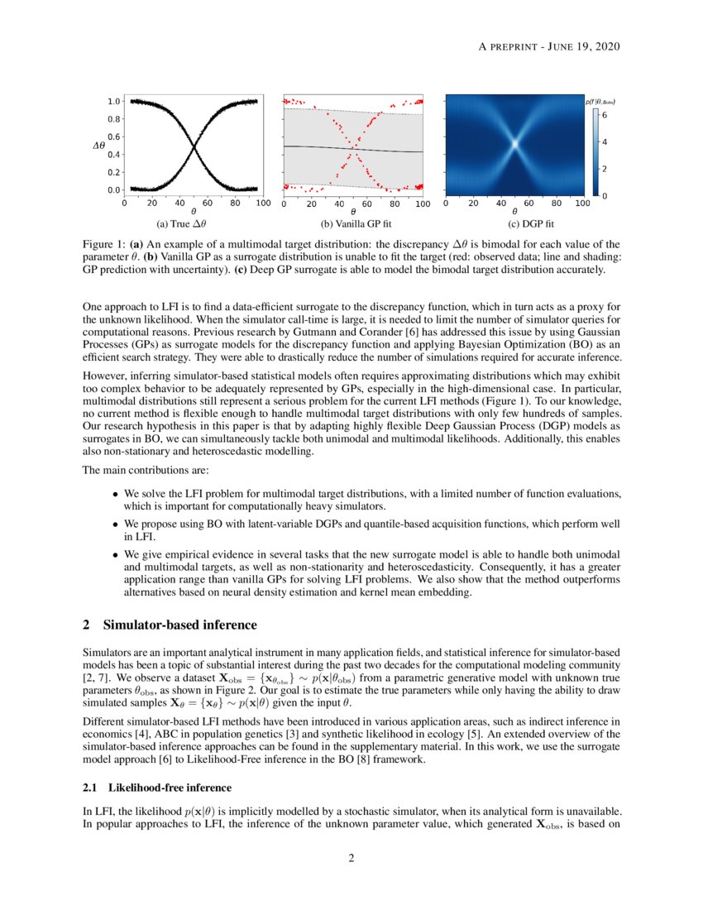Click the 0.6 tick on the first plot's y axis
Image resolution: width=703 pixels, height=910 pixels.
coord(114,136)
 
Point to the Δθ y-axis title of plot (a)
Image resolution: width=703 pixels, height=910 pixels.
coord(98,146)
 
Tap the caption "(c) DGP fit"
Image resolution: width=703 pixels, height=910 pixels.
coord(531,224)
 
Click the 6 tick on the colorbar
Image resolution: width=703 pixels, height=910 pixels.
coord(604,116)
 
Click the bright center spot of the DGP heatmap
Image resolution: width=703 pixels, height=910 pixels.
coord(514,143)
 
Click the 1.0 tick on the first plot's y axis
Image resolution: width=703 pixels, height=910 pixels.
coord(114,101)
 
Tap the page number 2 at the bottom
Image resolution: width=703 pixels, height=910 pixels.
coord(351,858)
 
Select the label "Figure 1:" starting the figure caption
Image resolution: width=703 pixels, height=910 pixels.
coord(104,245)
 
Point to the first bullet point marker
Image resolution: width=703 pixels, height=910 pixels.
coord(115,495)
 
